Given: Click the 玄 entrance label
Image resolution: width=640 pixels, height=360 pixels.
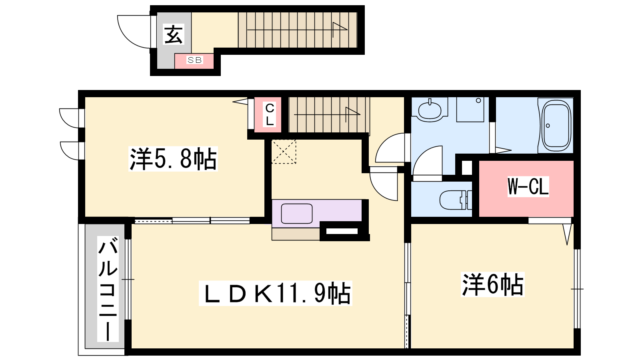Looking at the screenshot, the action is [x=174, y=34].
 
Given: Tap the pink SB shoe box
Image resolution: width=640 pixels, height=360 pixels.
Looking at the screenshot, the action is [x=194, y=61].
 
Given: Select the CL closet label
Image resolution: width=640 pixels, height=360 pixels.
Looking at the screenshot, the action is [x=270, y=114].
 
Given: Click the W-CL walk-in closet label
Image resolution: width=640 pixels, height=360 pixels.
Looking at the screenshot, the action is [x=528, y=186].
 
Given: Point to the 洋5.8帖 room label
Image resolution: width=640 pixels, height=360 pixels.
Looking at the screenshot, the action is [x=173, y=159].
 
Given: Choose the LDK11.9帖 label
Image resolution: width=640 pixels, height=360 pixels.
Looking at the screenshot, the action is [x=276, y=293].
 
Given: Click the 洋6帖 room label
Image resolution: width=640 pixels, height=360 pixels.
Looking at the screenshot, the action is [x=492, y=284].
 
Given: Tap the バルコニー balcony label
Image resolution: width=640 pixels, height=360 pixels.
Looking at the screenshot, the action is [x=108, y=289].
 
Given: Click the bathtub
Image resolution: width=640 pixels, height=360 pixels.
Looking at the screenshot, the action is [x=556, y=126].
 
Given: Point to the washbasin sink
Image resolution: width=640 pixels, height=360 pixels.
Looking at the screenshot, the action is [x=430, y=110].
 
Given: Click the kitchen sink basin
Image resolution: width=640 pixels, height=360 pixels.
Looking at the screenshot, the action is [x=296, y=214].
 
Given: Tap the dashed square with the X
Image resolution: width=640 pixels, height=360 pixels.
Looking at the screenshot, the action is [x=284, y=152].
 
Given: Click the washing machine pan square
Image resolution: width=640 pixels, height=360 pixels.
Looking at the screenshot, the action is [x=470, y=110].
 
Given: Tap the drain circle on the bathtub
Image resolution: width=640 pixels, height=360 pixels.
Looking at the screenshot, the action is [x=548, y=126].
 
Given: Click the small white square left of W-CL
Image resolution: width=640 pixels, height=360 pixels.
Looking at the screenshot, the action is [x=467, y=168].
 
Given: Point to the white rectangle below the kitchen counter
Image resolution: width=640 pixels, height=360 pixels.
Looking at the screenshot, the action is [x=342, y=231].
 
